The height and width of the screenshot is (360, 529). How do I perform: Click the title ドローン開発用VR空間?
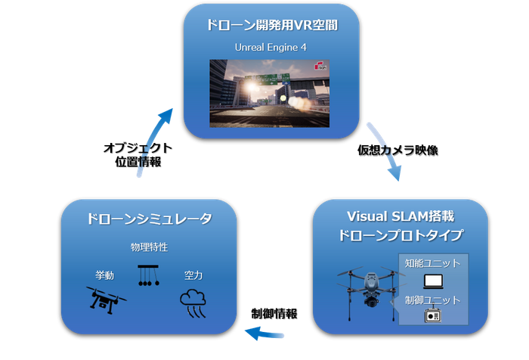(272, 25)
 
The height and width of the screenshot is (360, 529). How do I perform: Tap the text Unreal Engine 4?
(271, 48)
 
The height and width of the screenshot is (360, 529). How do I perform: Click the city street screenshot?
(269, 94)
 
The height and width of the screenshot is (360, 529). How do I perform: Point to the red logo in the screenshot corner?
(320, 65)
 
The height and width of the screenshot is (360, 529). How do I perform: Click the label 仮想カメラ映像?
(398, 151)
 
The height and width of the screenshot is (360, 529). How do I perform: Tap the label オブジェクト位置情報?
(138, 155)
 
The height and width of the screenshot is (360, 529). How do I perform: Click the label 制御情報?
(274, 314)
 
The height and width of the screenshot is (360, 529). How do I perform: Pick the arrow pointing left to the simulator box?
(264, 334)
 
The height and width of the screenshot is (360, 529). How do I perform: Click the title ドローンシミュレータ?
(150, 219)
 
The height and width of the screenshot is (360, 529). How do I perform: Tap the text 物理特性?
(149, 247)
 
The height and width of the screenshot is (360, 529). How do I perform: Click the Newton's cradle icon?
(148, 275)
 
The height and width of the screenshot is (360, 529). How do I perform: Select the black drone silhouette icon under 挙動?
(106, 300)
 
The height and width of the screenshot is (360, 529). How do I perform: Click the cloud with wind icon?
(193, 303)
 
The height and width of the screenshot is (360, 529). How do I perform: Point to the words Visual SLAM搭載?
(401, 216)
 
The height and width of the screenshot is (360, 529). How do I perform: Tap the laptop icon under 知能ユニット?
(433, 281)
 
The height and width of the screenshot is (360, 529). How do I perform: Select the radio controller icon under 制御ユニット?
(433, 315)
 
